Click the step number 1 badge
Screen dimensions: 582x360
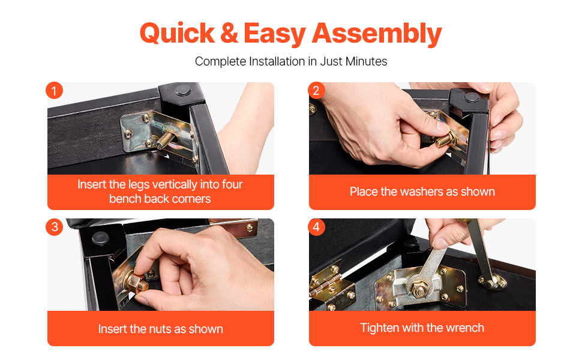coord(54,91)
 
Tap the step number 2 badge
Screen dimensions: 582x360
coord(316,91)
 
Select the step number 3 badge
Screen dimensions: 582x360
coord(54,227)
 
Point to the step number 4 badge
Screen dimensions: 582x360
coord(316,227)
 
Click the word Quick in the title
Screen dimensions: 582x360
coord(177,34)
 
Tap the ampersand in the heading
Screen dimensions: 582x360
coord(229,34)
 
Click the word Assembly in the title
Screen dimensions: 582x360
coord(377,34)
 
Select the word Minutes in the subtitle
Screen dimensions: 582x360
coord(366,61)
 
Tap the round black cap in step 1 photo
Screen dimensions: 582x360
coord(182,90)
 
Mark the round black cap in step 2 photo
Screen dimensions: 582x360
coord(472,97)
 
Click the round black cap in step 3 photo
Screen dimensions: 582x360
coord(100,238)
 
